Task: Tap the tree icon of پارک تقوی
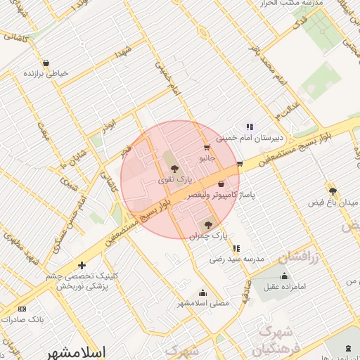pyautogui.click(x=174, y=168)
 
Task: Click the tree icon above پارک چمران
pyautogui.click(x=207, y=224)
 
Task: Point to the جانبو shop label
pyautogui.click(x=205, y=159)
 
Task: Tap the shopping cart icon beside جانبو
pyautogui.click(x=206, y=147)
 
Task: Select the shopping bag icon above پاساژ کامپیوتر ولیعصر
pyautogui.click(x=221, y=184)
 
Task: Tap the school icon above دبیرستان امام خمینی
pyautogui.click(x=250, y=127)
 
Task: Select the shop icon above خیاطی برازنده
pyautogui.click(x=46, y=63)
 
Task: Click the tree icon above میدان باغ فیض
pyautogui.click(x=333, y=191)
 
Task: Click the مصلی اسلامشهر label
pyautogui.click(x=203, y=303)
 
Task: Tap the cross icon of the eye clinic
pyautogui.click(x=82, y=265)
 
